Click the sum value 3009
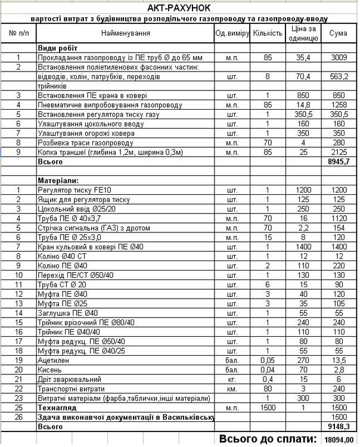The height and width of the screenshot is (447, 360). coord(338,58)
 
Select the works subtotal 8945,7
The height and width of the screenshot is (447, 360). coord(338,162)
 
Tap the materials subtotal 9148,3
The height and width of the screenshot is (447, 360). coord(338,427)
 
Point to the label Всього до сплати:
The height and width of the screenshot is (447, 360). coord(268,439)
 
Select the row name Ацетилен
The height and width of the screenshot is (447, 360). coord(53,361)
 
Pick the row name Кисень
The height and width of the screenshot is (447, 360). coord(50,370)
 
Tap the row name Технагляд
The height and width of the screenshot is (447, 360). coord(57,408)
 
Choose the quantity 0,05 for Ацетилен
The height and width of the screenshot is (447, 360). coord(267,361)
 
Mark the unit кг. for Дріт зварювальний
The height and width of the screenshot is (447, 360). coord(232,380)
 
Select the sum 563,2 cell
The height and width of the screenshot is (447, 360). coord(338,77)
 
